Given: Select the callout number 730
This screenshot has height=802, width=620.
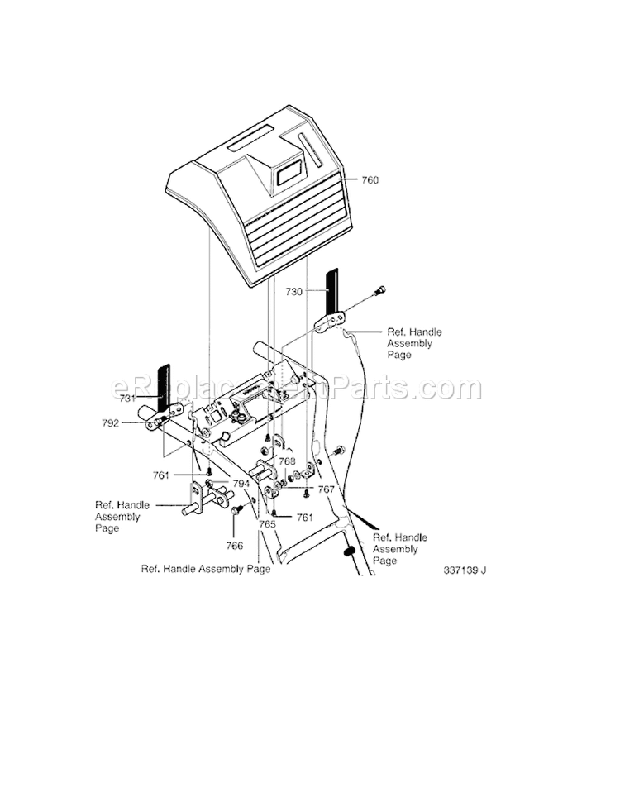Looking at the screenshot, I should pyautogui.click(x=295, y=291).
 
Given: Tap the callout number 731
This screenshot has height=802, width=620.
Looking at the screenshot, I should pyautogui.click(x=127, y=398).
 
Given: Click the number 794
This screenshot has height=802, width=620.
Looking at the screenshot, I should pyautogui.click(x=241, y=483).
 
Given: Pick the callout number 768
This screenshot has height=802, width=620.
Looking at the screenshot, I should pyautogui.click(x=286, y=461).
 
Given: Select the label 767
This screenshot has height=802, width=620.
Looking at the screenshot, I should pyautogui.click(x=327, y=489).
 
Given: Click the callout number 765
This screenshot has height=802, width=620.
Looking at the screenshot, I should pyautogui.click(x=266, y=524).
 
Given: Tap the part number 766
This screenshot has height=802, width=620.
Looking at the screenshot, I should pyautogui.click(x=235, y=546).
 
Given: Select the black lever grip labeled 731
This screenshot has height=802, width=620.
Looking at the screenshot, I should pyautogui.click(x=164, y=386).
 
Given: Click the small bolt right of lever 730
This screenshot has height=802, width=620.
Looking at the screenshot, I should pyautogui.click(x=379, y=290).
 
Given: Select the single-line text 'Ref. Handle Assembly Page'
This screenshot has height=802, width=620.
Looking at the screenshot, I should pyautogui.click(x=206, y=569).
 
